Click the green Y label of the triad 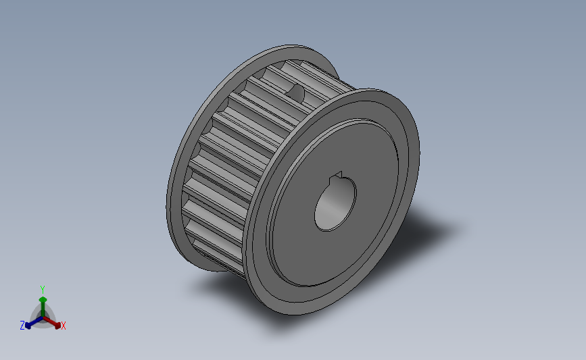click(42, 290)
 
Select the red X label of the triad click(63, 326)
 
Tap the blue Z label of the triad click(22, 326)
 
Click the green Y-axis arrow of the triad click(43, 303)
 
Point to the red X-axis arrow click(53, 322)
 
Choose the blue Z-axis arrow click(31, 322)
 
